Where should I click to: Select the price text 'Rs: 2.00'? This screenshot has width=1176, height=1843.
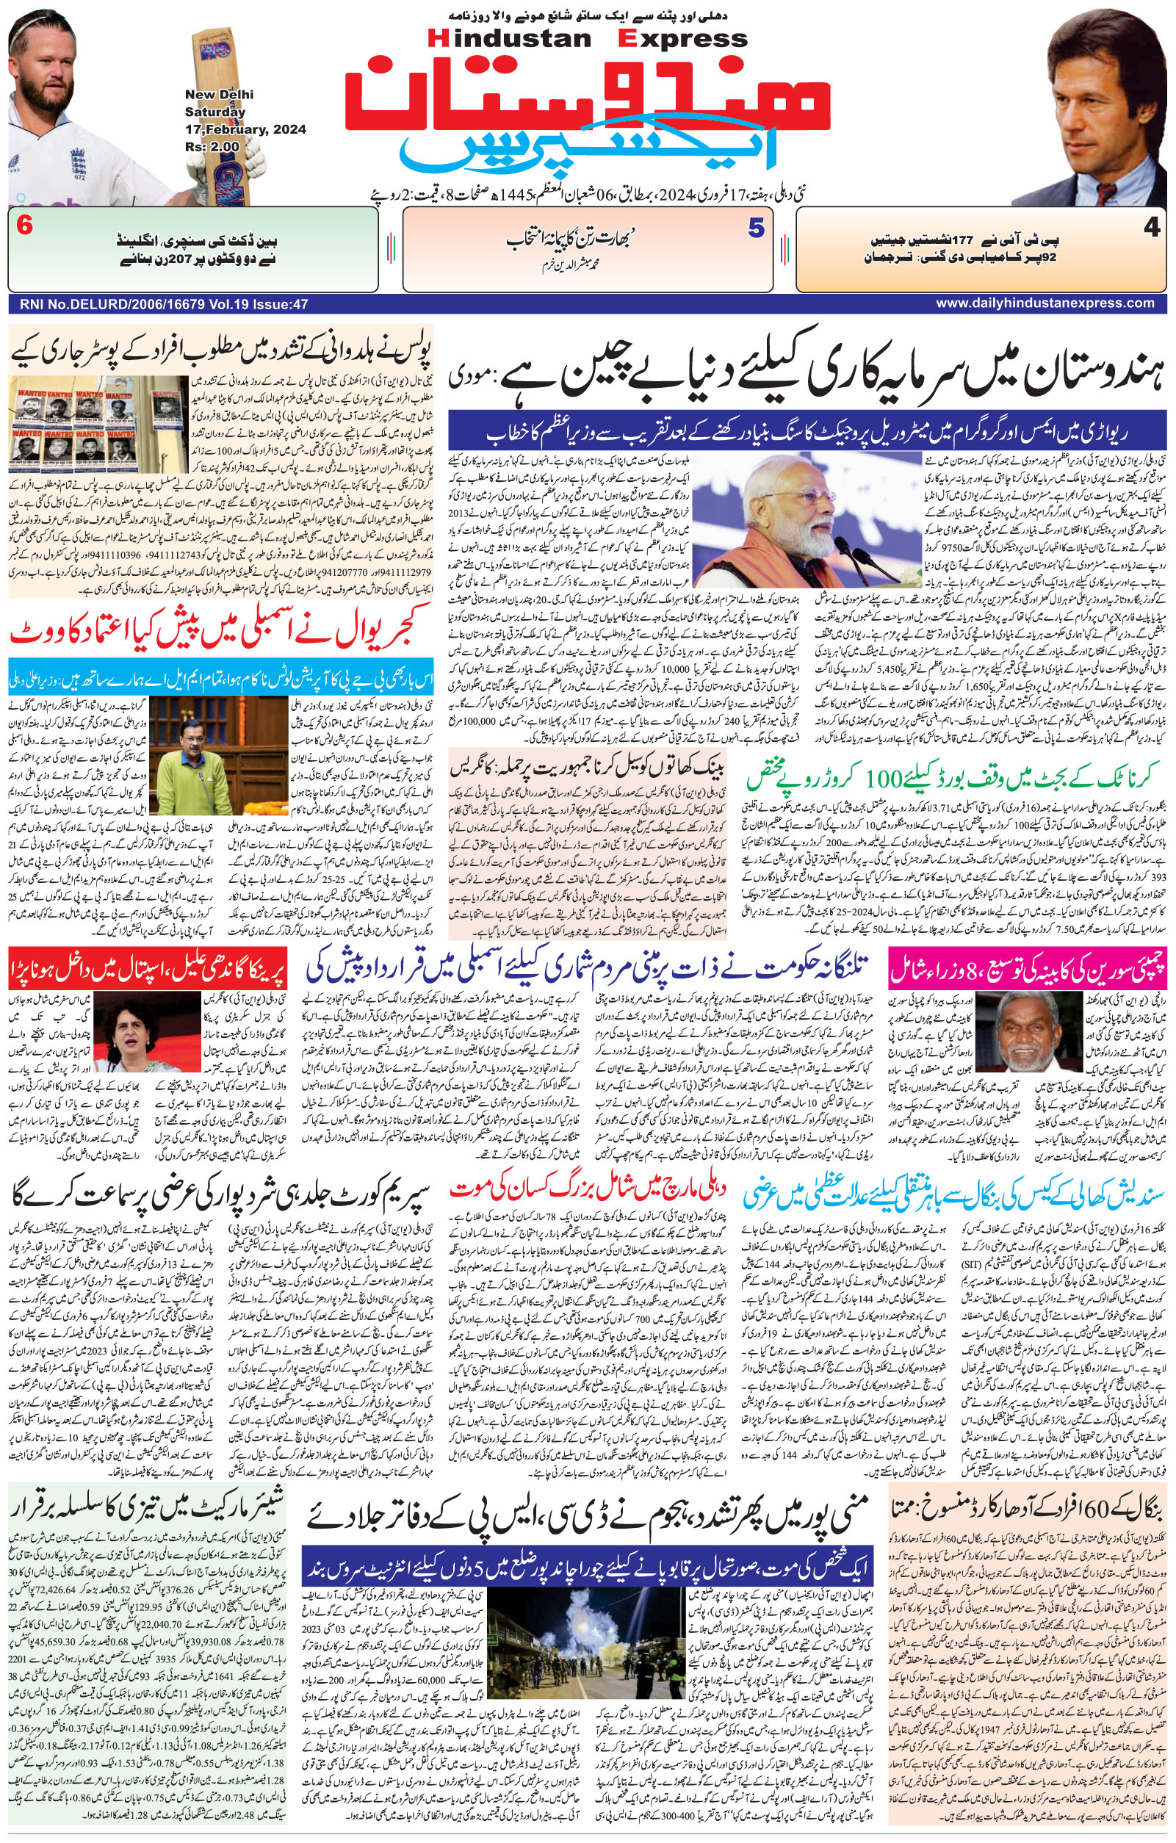point(212,146)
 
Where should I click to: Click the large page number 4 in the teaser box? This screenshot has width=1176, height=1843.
point(1152,229)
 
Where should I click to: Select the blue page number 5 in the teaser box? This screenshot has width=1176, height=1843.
point(755,229)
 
